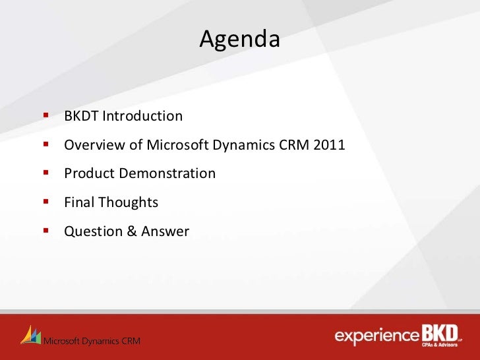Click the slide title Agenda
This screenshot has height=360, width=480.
pos(240,39)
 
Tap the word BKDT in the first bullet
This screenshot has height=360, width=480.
pos(82,116)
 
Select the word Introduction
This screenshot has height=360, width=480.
pos(142,116)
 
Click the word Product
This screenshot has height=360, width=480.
pos(90,173)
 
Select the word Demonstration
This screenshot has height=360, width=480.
pos(167,173)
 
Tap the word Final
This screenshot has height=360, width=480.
pos(79,202)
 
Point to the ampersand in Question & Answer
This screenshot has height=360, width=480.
pos(132,231)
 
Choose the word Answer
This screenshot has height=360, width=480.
pos(165,231)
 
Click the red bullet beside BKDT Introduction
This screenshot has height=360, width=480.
pos(46,115)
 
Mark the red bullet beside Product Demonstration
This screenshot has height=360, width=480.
pos(46,173)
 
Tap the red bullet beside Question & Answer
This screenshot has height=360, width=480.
pos(46,230)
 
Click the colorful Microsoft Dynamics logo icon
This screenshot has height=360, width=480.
pos(30,335)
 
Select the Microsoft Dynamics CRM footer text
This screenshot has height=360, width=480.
pos(92,341)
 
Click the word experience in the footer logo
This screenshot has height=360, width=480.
pos(377,336)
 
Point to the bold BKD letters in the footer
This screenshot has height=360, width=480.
pos(440,333)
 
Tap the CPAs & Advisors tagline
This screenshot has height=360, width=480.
pos(440,345)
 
